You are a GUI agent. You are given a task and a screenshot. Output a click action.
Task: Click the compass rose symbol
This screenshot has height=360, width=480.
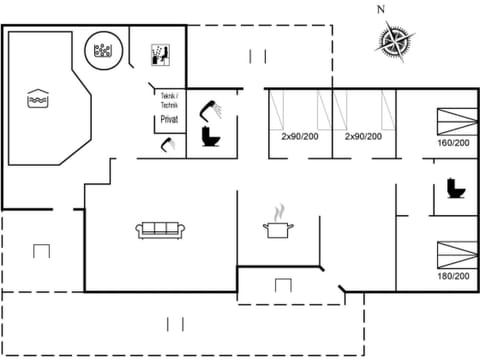[395, 41]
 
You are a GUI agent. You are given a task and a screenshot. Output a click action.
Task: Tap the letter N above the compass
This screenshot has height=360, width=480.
[380, 9]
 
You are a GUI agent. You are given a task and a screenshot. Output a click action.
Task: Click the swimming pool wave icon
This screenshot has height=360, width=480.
[37, 99]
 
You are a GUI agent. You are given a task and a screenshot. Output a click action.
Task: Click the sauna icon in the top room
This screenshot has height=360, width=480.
[158, 53]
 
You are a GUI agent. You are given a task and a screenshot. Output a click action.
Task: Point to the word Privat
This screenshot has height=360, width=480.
[168, 119]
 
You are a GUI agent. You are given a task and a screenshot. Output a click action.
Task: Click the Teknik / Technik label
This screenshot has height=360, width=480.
[168, 100]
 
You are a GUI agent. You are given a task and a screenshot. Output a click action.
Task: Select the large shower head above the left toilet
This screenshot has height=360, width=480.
[210, 106]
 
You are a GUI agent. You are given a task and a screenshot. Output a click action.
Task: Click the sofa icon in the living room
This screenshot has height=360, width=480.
[160, 229]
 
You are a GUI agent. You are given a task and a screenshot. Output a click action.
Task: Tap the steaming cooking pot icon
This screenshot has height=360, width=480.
[277, 226]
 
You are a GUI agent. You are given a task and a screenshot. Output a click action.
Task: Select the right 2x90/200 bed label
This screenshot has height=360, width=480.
[363, 136]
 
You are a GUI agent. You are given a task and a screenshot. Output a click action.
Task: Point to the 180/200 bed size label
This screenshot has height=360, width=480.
[452, 275]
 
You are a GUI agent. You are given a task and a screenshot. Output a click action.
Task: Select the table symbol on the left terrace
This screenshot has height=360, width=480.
[41, 250]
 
